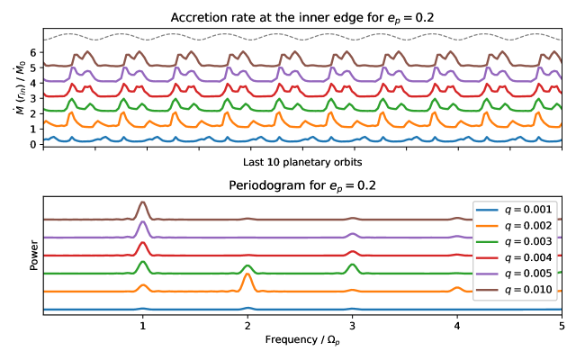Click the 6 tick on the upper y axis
32,52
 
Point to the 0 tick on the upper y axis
32,144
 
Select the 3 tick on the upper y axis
32,98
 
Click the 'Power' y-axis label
33,256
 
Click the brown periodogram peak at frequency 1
142,204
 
